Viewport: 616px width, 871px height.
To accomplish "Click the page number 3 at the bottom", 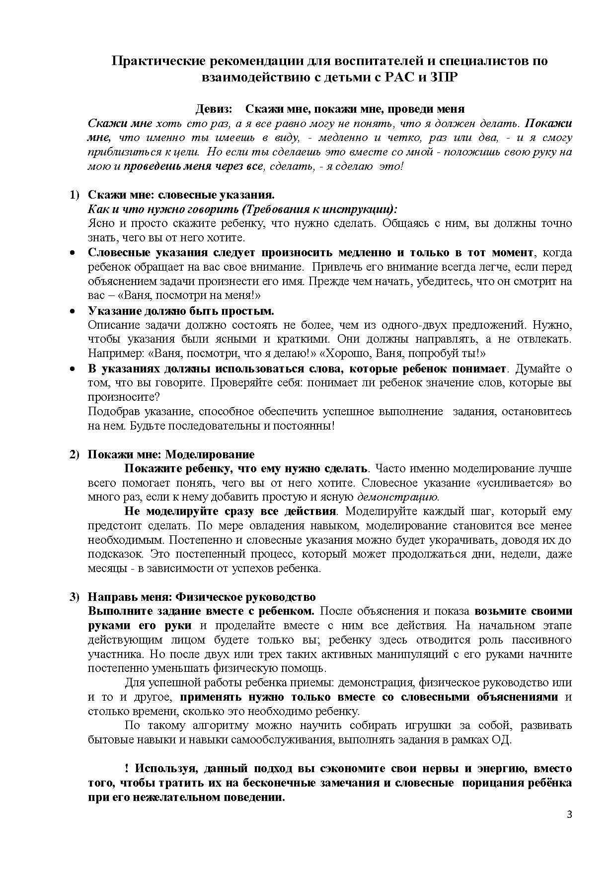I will [569, 814].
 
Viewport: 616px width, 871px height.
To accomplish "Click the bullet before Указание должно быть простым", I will [73, 311].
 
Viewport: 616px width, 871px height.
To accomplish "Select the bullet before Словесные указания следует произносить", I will [73, 253].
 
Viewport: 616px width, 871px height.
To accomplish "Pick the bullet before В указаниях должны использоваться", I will [73, 369].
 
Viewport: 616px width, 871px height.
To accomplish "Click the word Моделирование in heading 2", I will [210, 454].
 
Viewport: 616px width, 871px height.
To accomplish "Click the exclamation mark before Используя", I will [127, 769].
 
